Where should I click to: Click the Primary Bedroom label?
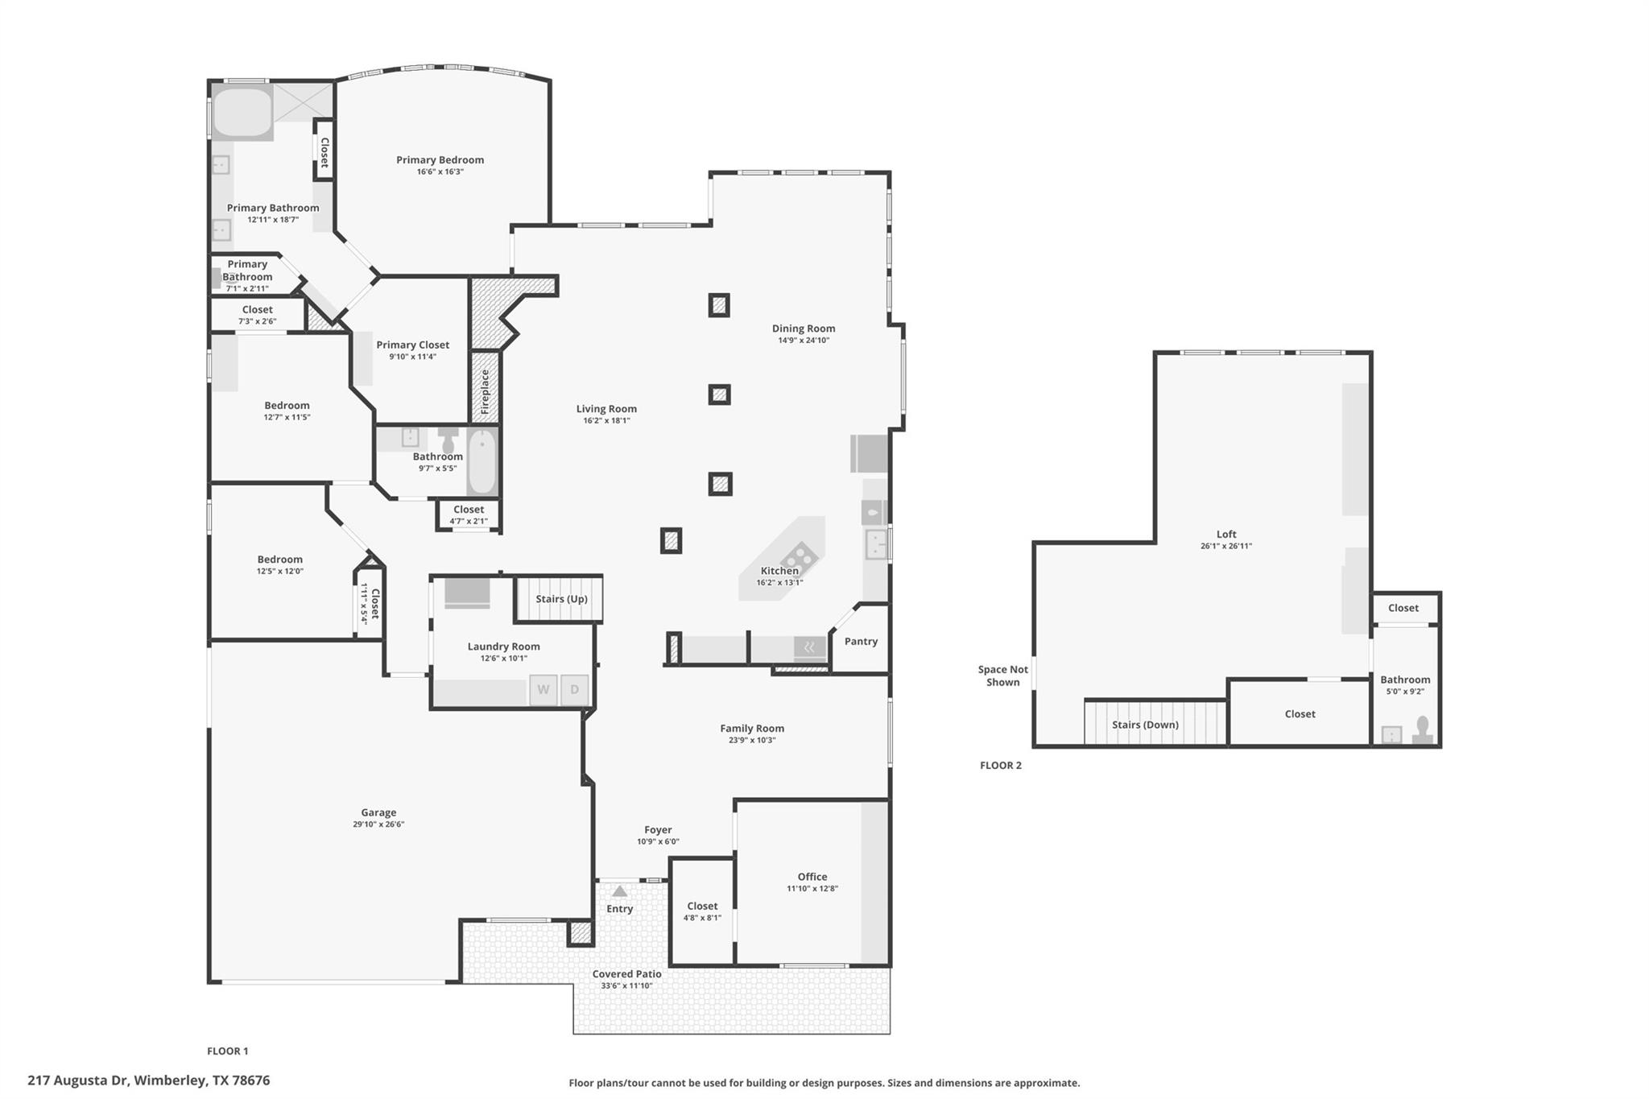click(440, 160)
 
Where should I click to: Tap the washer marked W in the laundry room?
click(543, 690)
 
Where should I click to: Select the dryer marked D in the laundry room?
click(575, 690)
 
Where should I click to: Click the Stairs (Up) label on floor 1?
click(561, 599)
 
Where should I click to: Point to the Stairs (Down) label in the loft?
click(1145, 725)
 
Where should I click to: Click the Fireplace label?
click(486, 392)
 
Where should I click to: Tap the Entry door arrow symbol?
click(619, 891)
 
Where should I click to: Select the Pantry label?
click(861, 642)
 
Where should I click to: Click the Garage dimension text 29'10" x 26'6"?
click(378, 824)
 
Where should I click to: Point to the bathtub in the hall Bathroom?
click(482, 462)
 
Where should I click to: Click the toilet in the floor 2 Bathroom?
click(1422, 729)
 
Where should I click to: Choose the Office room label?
click(812, 877)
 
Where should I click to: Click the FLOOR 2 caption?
click(1000, 766)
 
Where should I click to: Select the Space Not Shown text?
click(1002, 676)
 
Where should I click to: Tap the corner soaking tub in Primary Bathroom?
click(242, 113)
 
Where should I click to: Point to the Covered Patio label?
click(626, 974)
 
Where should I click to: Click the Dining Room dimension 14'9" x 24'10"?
click(803, 341)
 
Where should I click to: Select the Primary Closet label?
click(412, 345)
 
